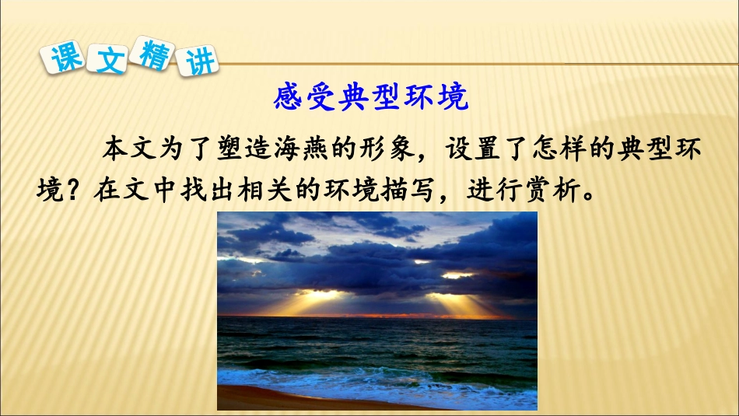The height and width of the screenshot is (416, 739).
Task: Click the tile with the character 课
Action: (66, 58)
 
